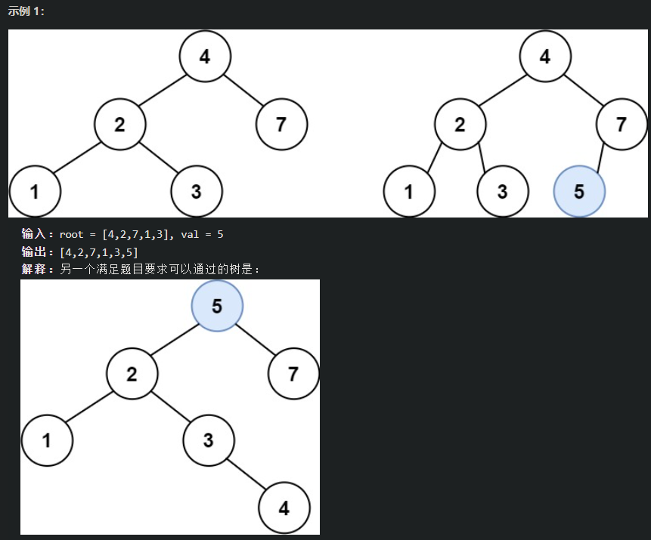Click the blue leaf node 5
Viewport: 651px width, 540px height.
[579, 191]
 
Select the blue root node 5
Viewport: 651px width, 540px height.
[217, 306]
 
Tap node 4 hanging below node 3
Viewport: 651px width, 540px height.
[284, 508]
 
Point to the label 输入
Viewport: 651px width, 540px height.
[34, 234]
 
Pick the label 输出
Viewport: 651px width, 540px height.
[34, 251]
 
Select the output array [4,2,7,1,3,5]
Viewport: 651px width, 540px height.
[98, 251]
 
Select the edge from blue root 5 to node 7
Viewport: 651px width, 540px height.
[256, 340]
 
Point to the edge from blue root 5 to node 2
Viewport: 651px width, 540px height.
[175, 340]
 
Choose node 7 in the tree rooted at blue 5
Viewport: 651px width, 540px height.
[293, 373]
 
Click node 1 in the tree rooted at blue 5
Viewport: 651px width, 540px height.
[47, 440]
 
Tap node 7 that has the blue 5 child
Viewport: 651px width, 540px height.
[622, 124]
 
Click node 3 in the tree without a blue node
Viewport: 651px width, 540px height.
[197, 191]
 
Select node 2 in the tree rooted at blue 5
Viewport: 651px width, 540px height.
[132, 373]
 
